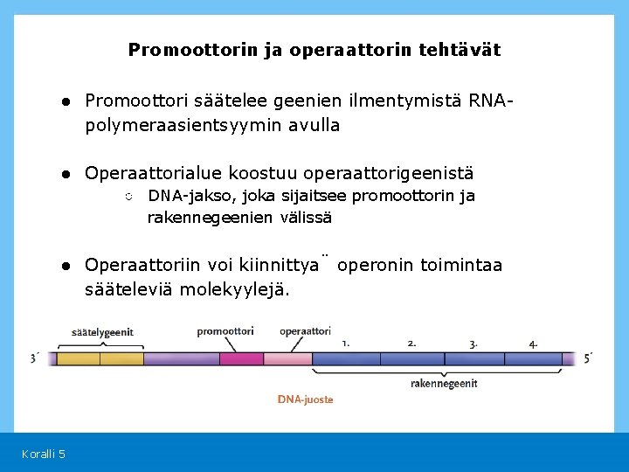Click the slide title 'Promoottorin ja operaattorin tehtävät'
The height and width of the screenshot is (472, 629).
coord(314,50)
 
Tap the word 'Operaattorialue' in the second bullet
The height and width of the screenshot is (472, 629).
coord(154,173)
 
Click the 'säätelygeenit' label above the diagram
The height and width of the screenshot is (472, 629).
coord(102,332)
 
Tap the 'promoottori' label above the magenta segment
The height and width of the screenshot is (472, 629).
coord(225,331)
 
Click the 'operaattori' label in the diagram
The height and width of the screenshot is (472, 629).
coord(305,331)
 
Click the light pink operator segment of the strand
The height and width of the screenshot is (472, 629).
coord(287,358)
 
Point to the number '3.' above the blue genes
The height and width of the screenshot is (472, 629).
coord(473,344)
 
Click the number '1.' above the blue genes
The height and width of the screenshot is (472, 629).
coord(347,343)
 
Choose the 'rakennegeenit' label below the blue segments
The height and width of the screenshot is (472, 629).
coord(444,383)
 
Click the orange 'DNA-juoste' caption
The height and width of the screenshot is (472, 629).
coord(305,399)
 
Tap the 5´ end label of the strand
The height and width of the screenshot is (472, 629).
coord(588,357)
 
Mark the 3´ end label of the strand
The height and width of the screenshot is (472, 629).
coord(34,357)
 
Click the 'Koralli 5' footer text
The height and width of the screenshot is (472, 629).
coord(44,453)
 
